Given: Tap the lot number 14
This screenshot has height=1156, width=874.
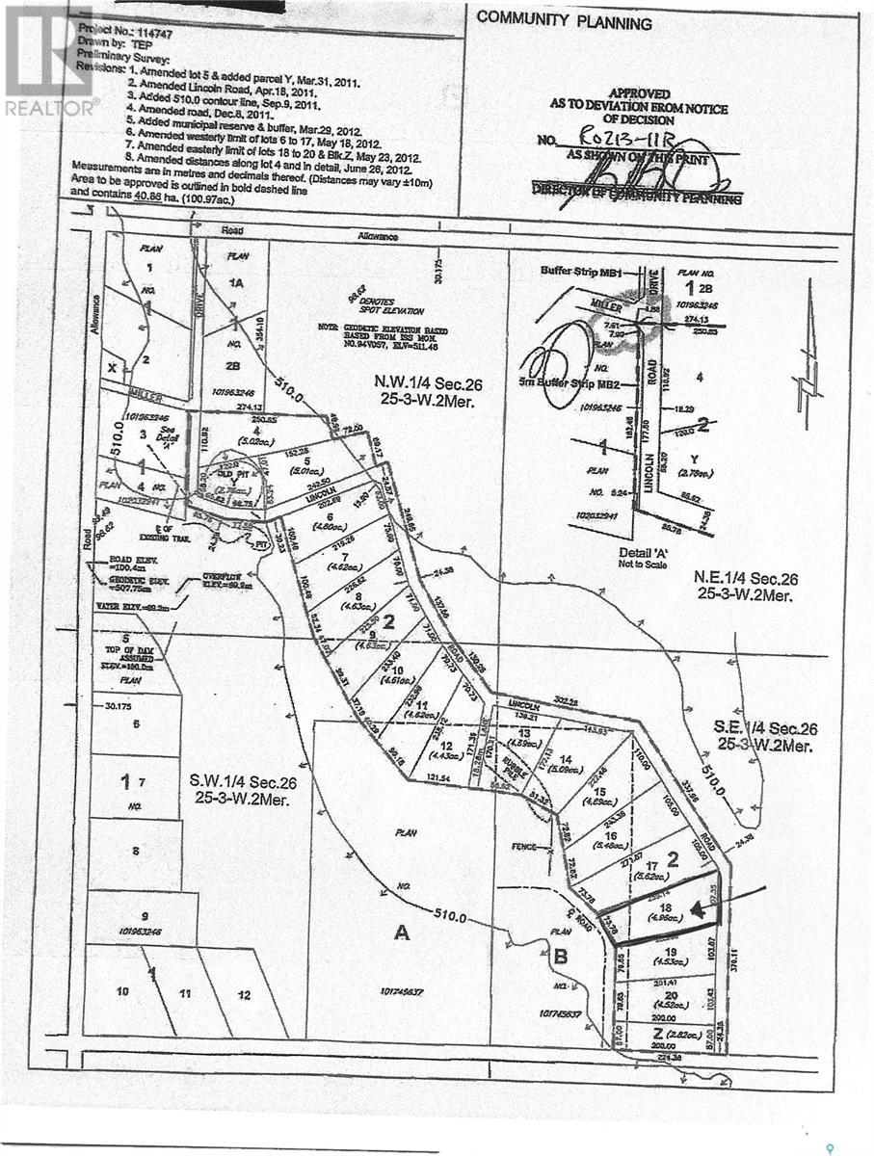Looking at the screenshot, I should tap(565, 759).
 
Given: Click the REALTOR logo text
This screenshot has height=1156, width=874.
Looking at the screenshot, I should tap(50, 107).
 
